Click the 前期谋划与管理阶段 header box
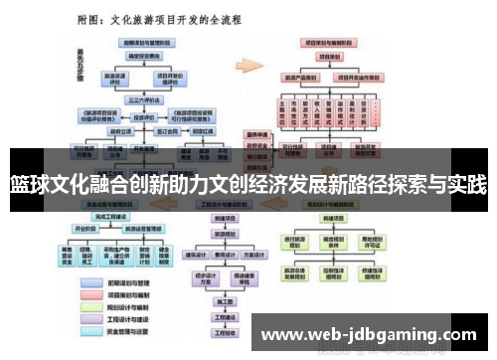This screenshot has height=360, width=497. point(145,43)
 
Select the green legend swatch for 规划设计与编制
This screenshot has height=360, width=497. point(88,306)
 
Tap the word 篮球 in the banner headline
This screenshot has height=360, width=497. point(27,184)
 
